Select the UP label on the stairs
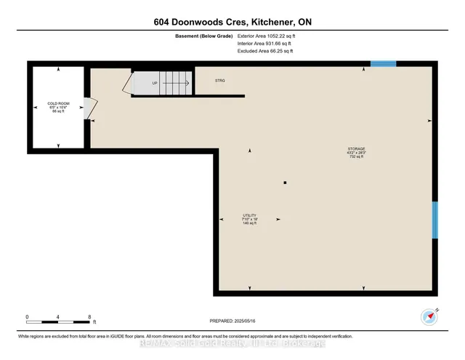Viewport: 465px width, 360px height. click(x=154, y=83)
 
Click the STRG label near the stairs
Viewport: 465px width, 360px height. click(x=220, y=80)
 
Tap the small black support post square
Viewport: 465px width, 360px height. click(x=286, y=182)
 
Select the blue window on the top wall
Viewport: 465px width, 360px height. click(x=383, y=64)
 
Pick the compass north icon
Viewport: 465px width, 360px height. click(x=427, y=316)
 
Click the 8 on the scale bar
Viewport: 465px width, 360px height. click(x=89, y=317)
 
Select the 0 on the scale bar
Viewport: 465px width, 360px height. click(x=27, y=317)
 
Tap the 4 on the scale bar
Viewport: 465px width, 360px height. click(x=58, y=317)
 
